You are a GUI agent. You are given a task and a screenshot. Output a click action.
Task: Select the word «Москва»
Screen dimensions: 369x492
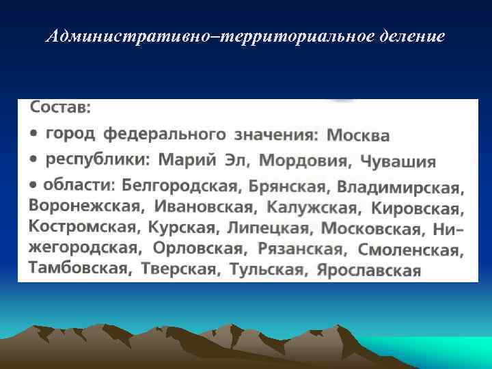click(x=358, y=135)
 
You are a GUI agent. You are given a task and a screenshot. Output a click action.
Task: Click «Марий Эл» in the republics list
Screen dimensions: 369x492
click(x=204, y=160)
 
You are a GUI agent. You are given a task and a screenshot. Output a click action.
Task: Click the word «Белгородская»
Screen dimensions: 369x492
click(x=180, y=184)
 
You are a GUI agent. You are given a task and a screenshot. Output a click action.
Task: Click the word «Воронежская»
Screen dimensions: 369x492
click(x=86, y=205)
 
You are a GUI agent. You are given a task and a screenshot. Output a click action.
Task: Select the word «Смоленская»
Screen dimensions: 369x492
click(x=411, y=250)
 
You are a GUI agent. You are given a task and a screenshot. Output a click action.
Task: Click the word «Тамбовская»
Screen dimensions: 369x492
click(x=79, y=267)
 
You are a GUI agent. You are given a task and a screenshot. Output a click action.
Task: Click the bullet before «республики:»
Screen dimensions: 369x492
click(x=33, y=159)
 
